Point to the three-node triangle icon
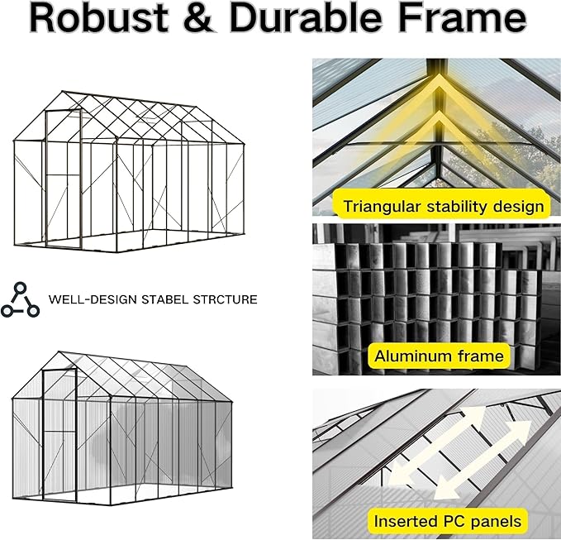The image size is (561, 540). point(20,299)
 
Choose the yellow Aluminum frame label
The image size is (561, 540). point(438,356)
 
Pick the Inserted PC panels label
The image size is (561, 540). point(447,521)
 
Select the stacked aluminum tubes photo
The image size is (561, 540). point(436,298)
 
